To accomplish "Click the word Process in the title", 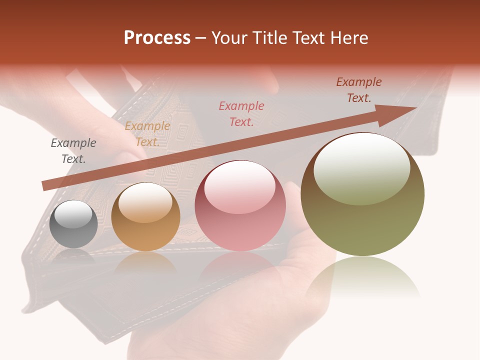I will pos(157,38).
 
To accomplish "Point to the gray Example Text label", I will pos(73,151).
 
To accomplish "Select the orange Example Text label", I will pos(147,134).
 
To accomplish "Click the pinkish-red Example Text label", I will pos(241,113).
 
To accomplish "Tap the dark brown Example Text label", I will pos(358,90).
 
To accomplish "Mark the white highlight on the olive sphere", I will pos(361,169).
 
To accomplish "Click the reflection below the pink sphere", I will pos(240,265).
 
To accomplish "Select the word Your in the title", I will pos(230,38).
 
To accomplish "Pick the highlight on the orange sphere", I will pos(145,202).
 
